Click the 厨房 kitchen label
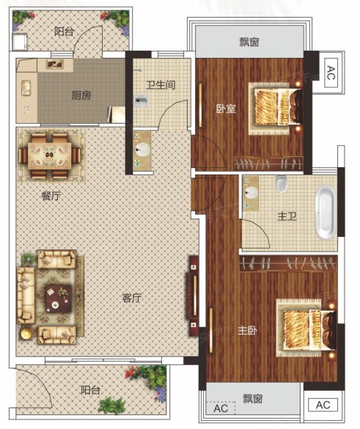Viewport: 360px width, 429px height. [x=81, y=95]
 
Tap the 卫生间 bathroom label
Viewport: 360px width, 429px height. [x=161, y=85]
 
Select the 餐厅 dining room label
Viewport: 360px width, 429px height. [x=51, y=196]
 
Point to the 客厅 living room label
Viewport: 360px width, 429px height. [x=132, y=298]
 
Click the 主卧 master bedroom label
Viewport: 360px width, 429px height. [x=248, y=331]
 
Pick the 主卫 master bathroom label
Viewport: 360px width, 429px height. [x=287, y=217]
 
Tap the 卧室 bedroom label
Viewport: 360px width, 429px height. [x=226, y=109]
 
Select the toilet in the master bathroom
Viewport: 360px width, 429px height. [x=281, y=183]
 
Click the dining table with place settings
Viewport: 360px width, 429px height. [x=50, y=155]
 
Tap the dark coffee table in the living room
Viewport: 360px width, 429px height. [x=59, y=298]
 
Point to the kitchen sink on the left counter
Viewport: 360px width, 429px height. [x=26, y=88]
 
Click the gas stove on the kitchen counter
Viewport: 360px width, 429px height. [x=55, y=65]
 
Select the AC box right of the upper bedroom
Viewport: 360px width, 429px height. [x=331, y=73]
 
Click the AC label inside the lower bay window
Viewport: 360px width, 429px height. [x=221, y=408]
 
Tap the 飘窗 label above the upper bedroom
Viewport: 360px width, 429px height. [x=249, y=42]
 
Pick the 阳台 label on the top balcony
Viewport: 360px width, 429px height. [x=64, y=32]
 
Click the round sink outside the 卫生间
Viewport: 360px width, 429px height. [x=142, y=149]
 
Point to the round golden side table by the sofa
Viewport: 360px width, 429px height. [x=27, y=333]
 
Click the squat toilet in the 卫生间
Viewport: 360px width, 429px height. [x=142, y=101]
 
